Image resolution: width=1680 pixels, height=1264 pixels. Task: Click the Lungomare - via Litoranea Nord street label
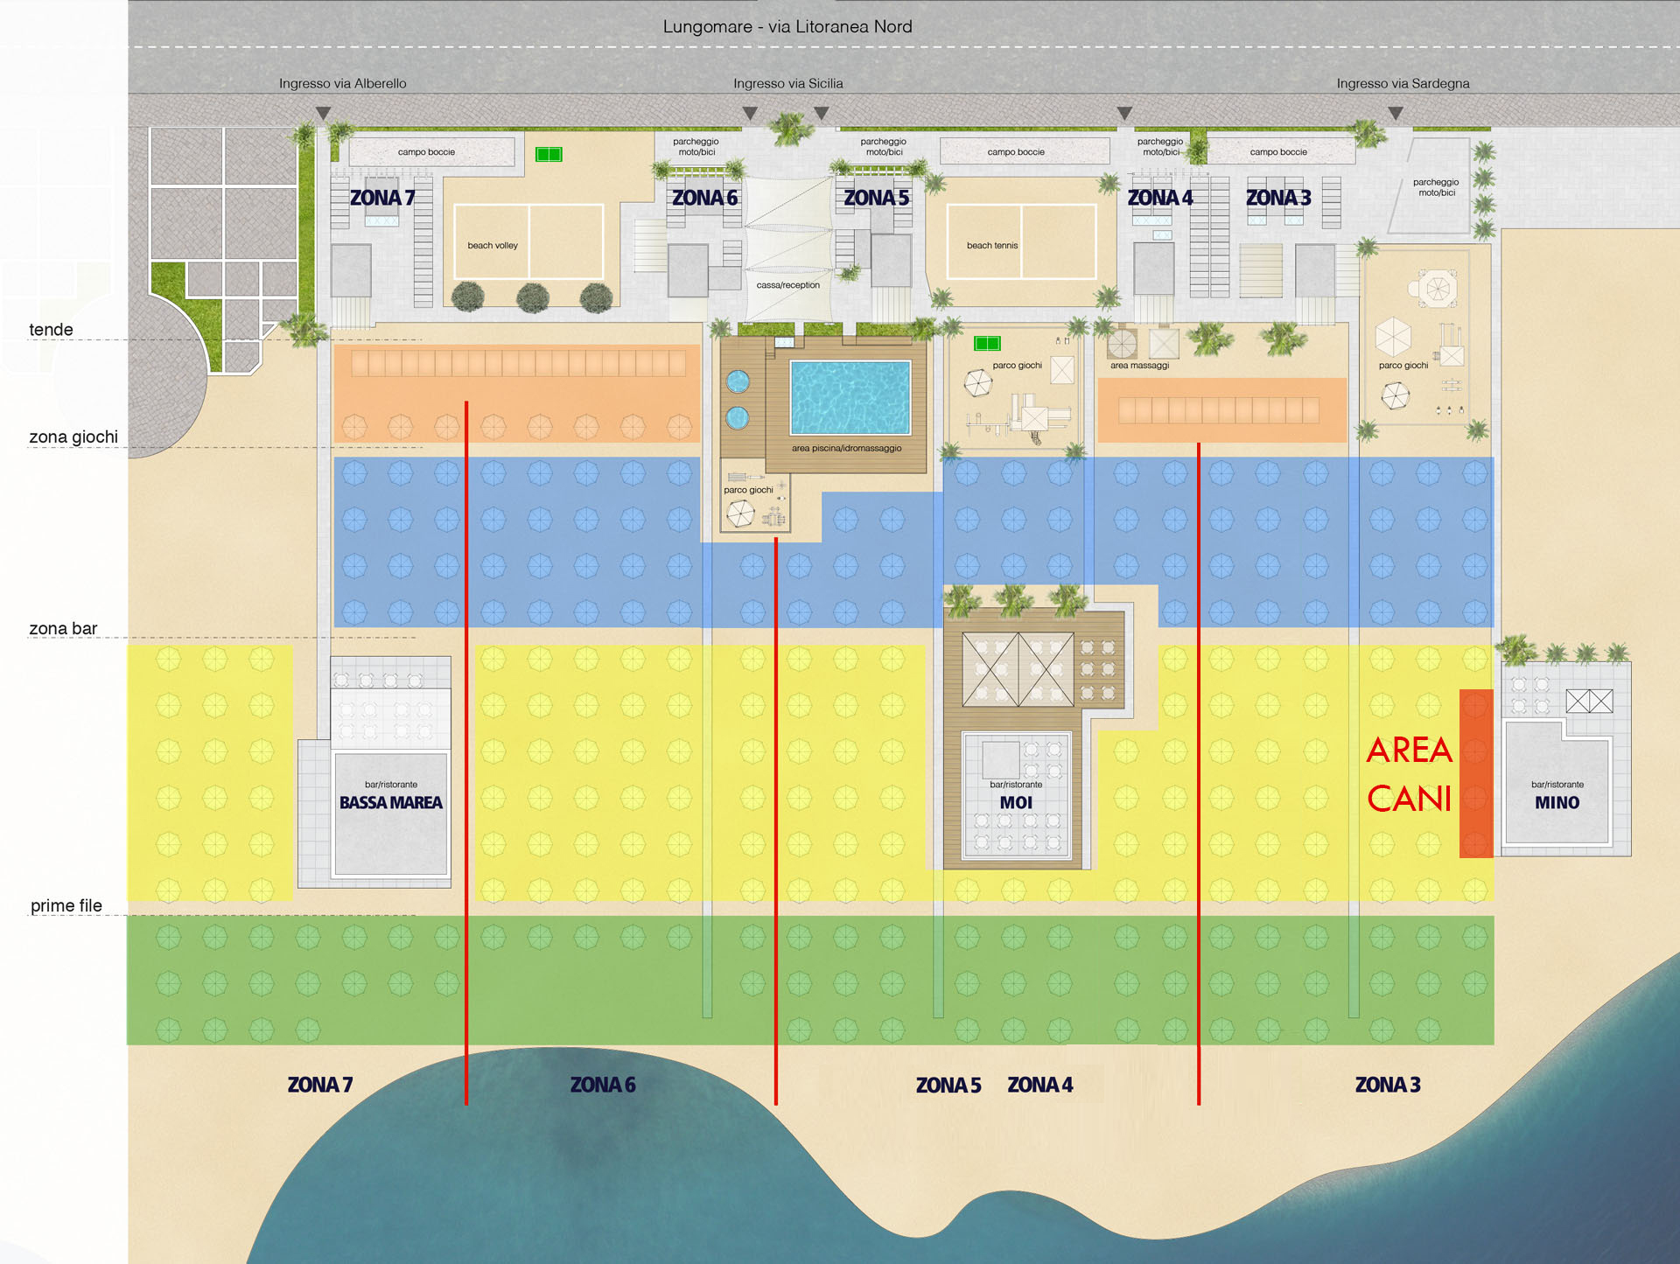[x=787, y=26]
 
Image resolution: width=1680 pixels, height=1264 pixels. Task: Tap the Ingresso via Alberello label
[x=342, y=84]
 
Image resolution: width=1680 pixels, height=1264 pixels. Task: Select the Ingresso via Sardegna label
[x=1403, y=84]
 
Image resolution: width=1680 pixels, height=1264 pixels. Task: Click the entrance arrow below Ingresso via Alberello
[x=324, y=114]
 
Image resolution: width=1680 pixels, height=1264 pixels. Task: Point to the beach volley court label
[x=493, y=246]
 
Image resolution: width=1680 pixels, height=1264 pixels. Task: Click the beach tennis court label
[x=992, y=246]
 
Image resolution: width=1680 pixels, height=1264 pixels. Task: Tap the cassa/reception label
[x=788, y=285]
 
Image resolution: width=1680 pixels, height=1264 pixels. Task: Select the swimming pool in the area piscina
[x=850, y=397]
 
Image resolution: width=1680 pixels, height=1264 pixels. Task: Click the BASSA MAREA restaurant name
[x=391, y=803]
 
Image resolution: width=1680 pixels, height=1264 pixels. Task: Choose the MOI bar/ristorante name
[x=1016, y=803]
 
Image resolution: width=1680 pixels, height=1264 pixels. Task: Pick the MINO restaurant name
[x=1557, y=803]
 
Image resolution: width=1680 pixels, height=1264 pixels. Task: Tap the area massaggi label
[x=1139, y=366]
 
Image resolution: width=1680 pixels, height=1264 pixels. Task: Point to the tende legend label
[x=51, y=330]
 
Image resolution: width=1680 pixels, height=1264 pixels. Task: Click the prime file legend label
[x=66, y=906]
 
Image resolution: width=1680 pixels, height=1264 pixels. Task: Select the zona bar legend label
[x=63, y=629]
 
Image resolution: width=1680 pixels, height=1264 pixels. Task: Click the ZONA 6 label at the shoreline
[x=603, y=1086]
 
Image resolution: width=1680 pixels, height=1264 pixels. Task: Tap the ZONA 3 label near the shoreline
[x=1388, y=1086]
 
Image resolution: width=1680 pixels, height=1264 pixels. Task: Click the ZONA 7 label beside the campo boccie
[x=382, y=199]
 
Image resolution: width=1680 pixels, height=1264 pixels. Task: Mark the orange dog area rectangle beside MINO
[x=1476, y=773]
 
